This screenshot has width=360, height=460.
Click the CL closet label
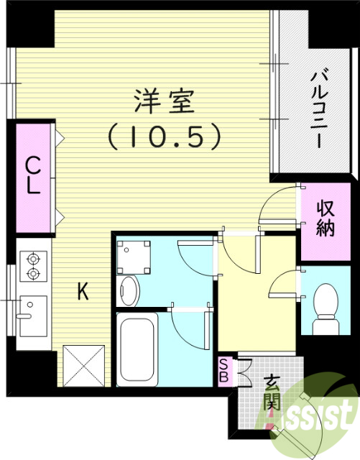[x=33, y=176]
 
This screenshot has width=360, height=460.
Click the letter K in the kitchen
[x=83, y=291]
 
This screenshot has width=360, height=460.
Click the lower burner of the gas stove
[x=32, y=273]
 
